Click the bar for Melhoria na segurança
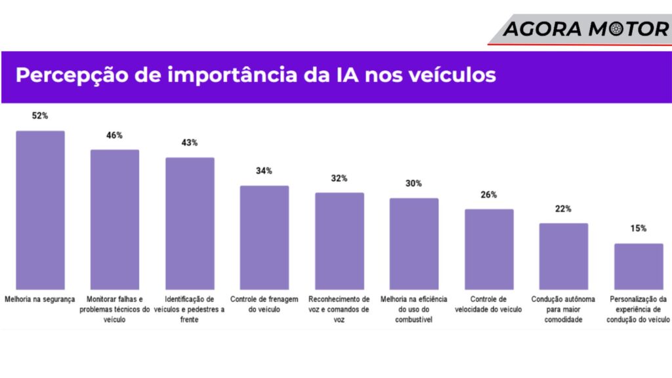tap(40, 210)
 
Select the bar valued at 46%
tap(115, 219)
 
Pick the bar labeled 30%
tap(414, 243)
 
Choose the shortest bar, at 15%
tap(639, 266)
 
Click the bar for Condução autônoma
tap(564, 256)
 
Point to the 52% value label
tap(40, 115)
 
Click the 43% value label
tap(190, 142)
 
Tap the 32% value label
tap(339, 178)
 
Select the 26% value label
tap(489, 194)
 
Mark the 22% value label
tap(564, 209)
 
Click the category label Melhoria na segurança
tap(40, 299)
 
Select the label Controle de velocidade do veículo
tap(489, 304)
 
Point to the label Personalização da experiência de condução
tap(639, 309)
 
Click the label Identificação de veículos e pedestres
tap(190, 309)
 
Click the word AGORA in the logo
tap(544, 30)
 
